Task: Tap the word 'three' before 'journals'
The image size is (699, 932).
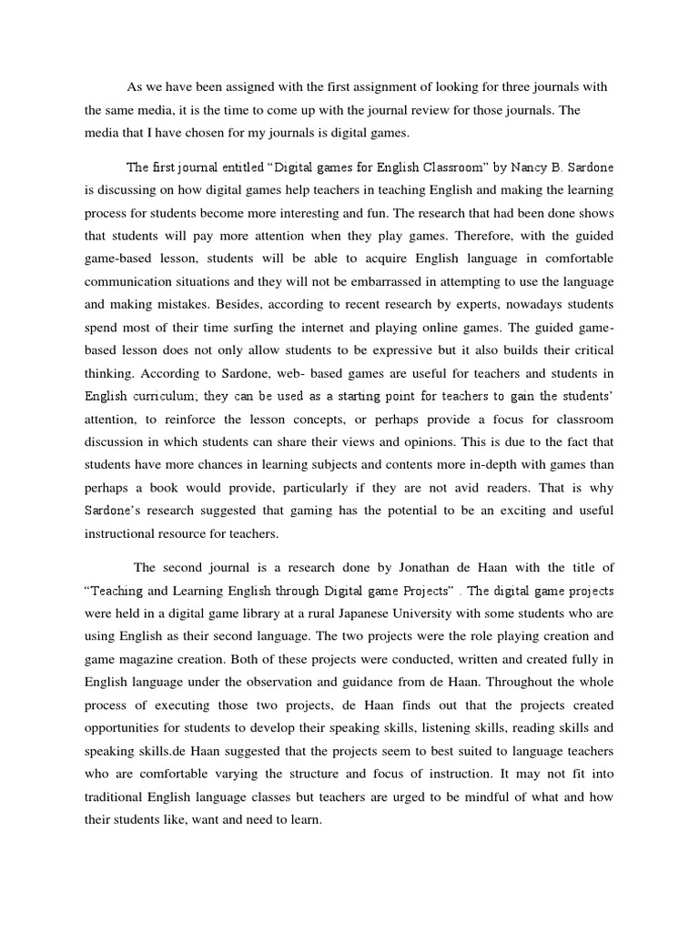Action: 506,86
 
